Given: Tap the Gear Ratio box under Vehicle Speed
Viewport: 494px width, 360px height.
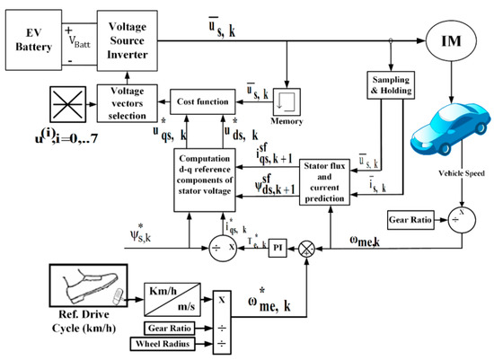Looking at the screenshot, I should coord(411,218).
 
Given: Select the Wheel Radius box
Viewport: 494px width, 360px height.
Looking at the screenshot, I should coord(172,343).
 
